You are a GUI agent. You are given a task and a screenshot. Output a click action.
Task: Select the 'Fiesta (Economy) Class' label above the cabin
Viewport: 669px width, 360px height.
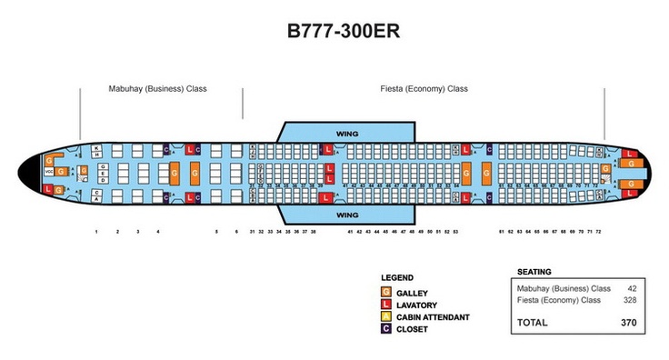[424, 89]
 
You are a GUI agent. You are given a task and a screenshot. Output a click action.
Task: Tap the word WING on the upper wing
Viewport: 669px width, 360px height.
[347, 132]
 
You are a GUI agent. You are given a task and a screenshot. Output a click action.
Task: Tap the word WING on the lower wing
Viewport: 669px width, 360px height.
[347, 215]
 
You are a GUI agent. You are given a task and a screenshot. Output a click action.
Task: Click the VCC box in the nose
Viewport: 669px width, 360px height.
[48, 173]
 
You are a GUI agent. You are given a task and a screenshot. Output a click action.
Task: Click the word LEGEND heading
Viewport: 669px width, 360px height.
[398, 277]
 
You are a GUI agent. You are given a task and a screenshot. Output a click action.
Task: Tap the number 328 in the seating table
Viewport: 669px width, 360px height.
[628, 300]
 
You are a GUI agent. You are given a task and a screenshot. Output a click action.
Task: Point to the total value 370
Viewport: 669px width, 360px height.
[627, 323]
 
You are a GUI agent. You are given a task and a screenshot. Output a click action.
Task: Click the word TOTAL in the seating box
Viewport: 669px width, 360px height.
[534, 323]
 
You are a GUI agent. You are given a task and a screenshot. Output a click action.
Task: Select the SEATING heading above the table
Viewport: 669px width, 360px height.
[534, 272]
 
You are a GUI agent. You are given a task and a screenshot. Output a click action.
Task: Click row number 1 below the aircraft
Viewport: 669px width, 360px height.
[95, 233]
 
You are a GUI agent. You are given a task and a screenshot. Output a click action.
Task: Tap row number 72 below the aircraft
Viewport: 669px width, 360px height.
[598, 233]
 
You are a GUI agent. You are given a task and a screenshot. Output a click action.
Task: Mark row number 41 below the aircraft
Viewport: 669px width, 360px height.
[350, 233]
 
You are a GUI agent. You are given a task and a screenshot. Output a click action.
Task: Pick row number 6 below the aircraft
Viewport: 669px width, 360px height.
[236, 233]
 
